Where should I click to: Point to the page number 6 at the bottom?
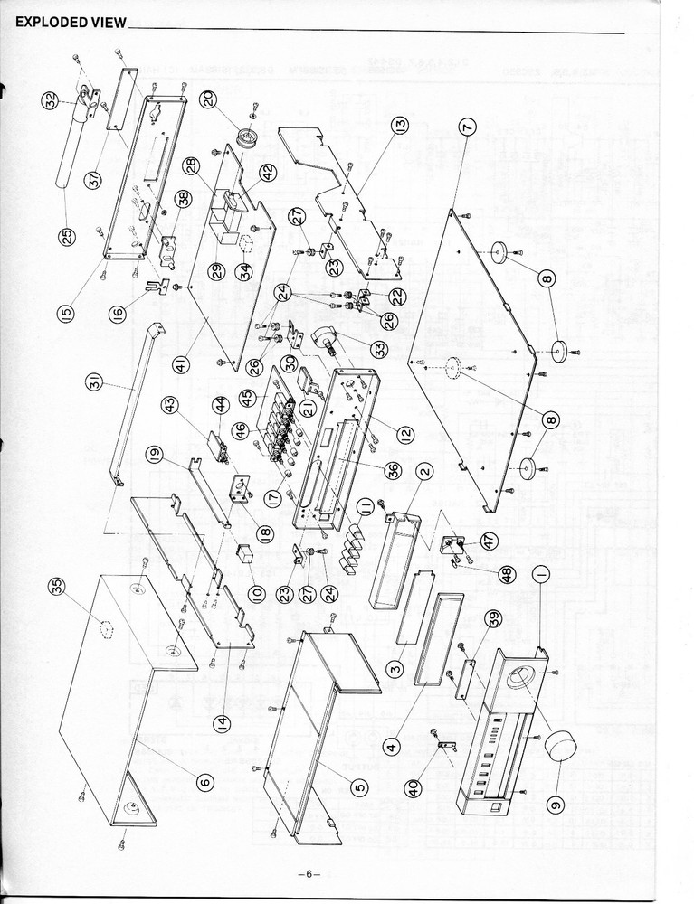click(x=308, y=873)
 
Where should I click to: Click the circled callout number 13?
click(x=399, y=125)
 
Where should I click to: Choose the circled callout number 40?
click(x=414, y=788)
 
